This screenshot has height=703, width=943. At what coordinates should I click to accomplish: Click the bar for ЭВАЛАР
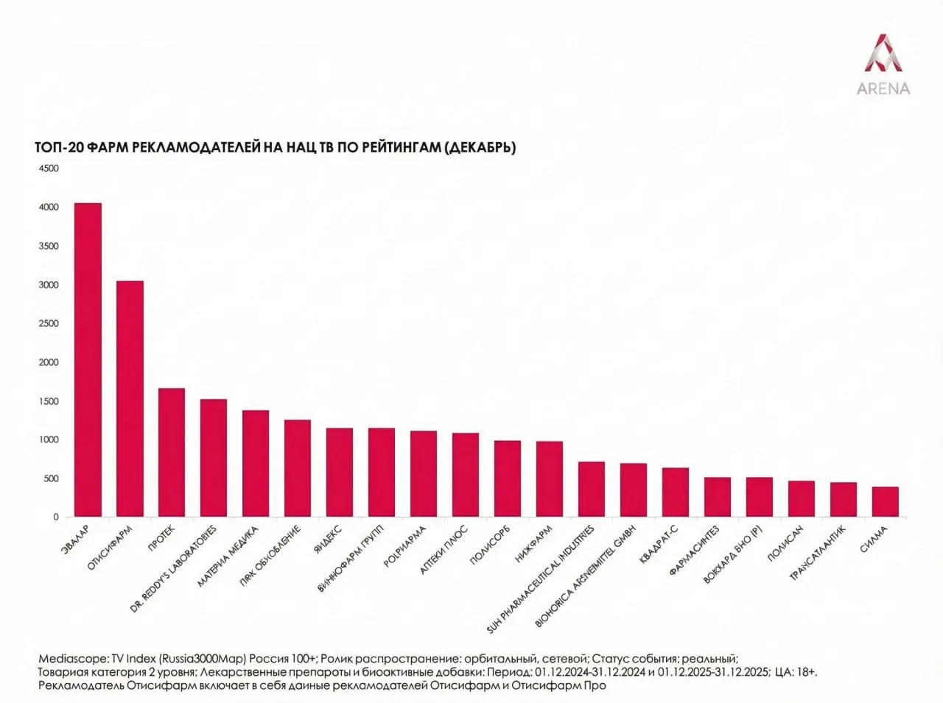pos(88,360)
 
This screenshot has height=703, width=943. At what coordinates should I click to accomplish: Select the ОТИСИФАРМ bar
pos(130,399)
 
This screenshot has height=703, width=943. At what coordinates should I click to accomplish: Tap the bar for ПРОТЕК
pos(172,453)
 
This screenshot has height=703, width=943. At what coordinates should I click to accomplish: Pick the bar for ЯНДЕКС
pos(340,473)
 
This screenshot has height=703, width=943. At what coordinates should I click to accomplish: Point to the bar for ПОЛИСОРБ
pos(508,478)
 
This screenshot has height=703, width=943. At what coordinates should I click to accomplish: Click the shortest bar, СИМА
pos(886,501)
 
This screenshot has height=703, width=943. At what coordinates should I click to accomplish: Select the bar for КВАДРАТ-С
pos(676,492)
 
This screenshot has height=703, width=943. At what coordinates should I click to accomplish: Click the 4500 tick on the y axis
pos(49,169)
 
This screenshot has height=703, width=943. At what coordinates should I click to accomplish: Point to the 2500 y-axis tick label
pos(49,324)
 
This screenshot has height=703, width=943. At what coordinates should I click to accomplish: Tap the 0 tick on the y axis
pos(55,517)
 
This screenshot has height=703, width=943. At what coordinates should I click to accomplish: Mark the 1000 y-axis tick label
pos(49,440)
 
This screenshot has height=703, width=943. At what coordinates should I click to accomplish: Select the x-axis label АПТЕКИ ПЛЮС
pos(444,550)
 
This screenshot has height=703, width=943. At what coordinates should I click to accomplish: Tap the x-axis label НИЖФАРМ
pos(534,544)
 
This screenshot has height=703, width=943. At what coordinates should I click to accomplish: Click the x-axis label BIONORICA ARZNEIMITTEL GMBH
pos(585,576)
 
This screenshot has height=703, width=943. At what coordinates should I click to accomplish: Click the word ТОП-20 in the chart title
pos(59,148)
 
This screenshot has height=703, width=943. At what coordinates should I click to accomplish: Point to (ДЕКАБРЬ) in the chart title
pos(480,148)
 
